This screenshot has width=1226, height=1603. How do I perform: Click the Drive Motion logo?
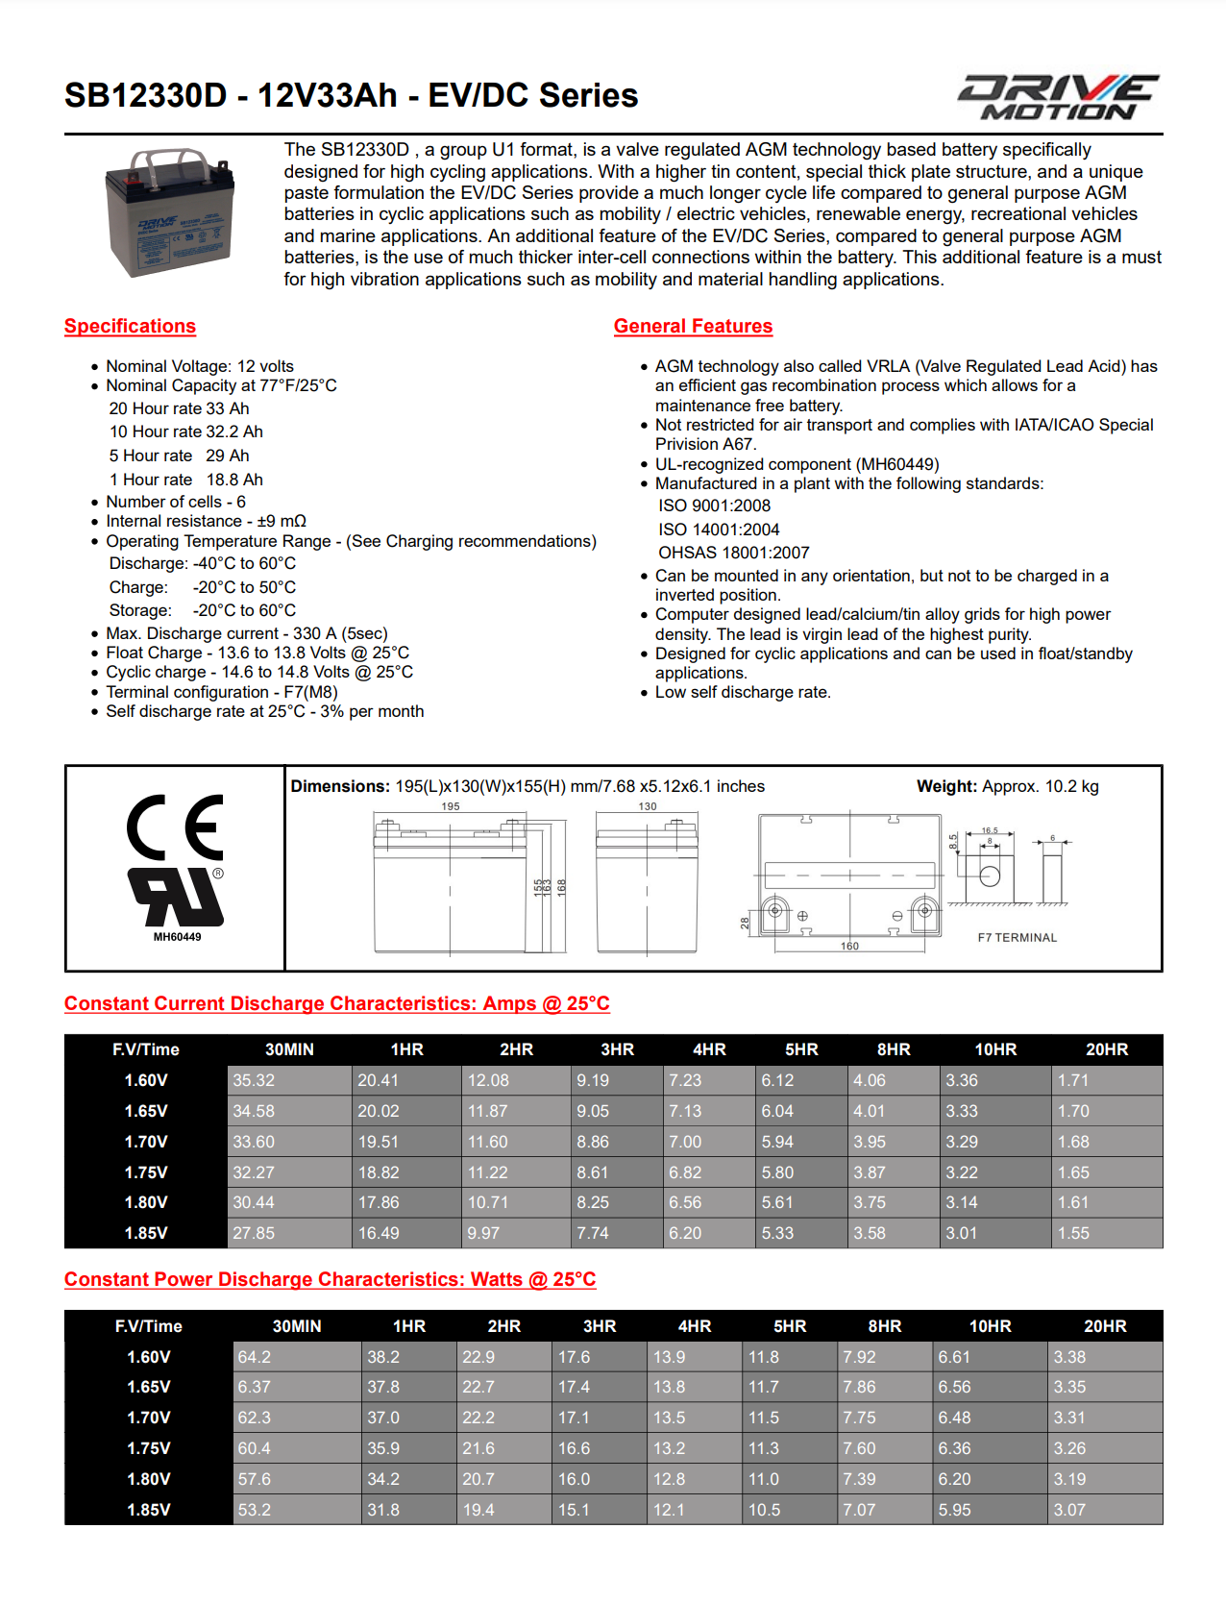1058,97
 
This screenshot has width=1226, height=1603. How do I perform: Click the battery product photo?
169,211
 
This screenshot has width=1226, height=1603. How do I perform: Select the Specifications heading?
130,326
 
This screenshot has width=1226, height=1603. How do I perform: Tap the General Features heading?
693,326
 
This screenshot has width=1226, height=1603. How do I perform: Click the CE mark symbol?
176,827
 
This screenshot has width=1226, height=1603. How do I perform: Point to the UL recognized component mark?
176,898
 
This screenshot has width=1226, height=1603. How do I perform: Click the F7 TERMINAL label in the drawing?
1017,937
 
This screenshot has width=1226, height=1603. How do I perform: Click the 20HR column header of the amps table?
1106,1049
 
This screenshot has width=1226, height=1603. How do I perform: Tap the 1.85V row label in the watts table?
148,1510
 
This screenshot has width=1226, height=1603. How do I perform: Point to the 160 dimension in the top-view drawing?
849,947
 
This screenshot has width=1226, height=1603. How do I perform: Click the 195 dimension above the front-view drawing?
451,806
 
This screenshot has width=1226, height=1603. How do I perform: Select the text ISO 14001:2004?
719,530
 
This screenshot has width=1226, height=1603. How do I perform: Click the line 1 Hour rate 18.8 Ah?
186,480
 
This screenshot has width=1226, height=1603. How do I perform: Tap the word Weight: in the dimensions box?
946,786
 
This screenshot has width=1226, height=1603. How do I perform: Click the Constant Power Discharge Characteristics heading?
330,1279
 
